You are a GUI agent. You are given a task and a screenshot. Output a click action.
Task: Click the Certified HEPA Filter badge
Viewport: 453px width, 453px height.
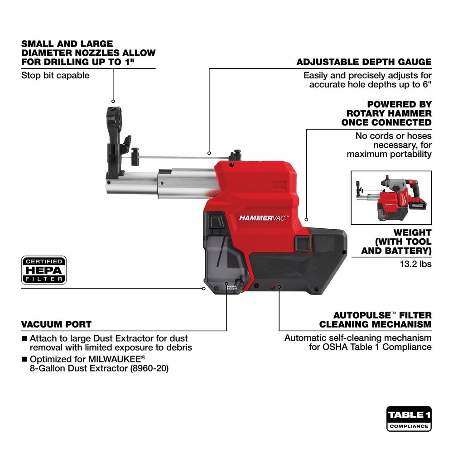(x=44, y=270)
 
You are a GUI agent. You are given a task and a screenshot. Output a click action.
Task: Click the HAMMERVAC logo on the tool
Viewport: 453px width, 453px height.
(x=264, y=218)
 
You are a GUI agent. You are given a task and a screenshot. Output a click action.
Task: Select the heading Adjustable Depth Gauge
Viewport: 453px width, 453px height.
(x=364, y=62)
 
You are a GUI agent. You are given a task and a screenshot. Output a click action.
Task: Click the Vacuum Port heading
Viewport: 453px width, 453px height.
(x=56, y=324)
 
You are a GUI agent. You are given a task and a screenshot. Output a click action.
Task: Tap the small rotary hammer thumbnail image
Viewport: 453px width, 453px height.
(x=391, y=198)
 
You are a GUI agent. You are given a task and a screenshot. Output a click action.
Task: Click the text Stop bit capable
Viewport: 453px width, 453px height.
(x=55, y=75)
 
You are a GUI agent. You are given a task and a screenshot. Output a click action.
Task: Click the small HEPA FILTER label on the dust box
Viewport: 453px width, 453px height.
(x=231, y=287)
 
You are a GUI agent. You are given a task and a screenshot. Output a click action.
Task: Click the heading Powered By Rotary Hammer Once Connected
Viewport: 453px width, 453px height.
(x=386, y=113)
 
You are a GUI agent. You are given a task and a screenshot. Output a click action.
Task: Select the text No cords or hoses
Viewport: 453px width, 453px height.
(x=393, y=136)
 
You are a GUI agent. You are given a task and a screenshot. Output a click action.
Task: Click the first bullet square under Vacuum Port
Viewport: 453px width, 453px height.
(x=24, y=338)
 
